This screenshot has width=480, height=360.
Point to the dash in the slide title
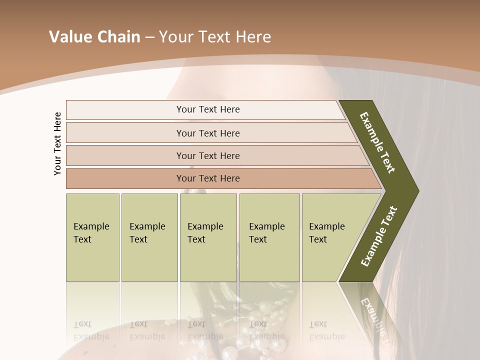tap(149, 37)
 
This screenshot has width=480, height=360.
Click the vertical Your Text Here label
tap(57, 143)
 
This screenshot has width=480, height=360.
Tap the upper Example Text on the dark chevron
tap(377, 142)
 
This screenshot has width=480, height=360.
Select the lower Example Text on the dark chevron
tap(379, 236)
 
